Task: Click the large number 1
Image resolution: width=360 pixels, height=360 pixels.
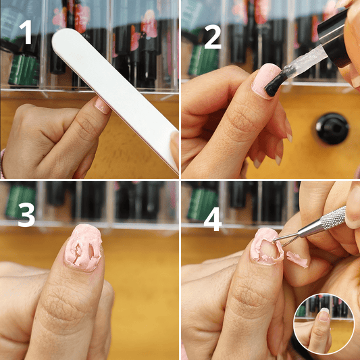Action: (26, 32)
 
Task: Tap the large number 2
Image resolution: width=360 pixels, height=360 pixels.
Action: (213, 36)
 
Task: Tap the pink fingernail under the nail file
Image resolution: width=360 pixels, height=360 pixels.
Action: (102, 106)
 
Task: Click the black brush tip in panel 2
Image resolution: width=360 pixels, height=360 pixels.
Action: (276, 82)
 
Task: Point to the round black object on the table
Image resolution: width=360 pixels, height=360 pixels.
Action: (332, 128)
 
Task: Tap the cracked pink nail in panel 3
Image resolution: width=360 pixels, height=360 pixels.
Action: (83, 247)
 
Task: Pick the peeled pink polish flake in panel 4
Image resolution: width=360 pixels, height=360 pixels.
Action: (297, 259)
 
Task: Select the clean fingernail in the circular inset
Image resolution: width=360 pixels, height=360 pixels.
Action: (324, 315)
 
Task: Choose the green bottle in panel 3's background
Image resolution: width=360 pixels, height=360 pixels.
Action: (20, 201)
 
